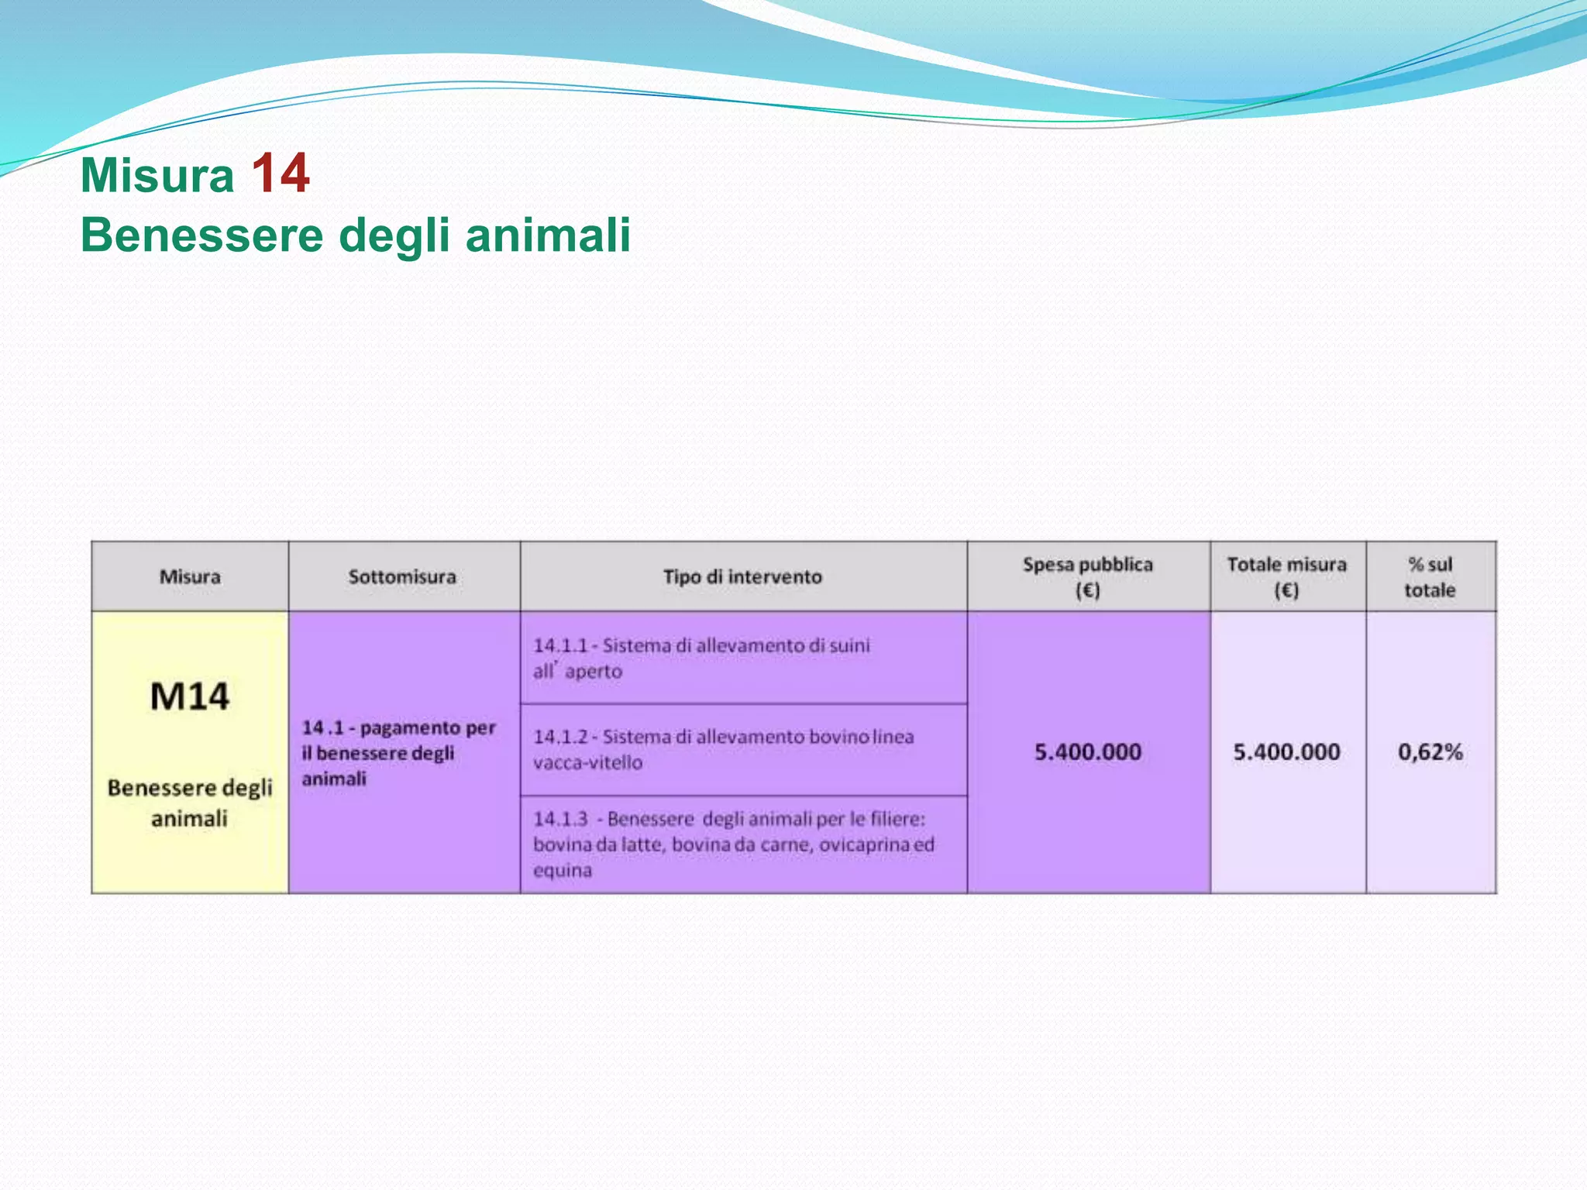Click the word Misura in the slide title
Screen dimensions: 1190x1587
coord(157,175)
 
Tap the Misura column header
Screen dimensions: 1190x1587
coord(190,577)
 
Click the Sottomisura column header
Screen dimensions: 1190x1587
coord(402,577)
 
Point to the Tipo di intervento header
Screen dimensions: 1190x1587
coord(742,577)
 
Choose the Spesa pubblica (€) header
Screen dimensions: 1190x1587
coord(1087,577)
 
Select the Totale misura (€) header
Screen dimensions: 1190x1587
coord(1286,577)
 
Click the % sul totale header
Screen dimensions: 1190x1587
coord(1430,577)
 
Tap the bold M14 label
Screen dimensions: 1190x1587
coord(190,696)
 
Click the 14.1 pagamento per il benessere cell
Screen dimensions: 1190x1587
coord(398,753)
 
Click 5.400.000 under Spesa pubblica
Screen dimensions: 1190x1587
coord(1088,752)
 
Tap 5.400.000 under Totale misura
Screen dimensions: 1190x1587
coord(1286,752)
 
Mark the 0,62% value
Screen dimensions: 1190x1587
coord(1430,752)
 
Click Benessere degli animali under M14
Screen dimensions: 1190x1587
coord(190,803)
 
